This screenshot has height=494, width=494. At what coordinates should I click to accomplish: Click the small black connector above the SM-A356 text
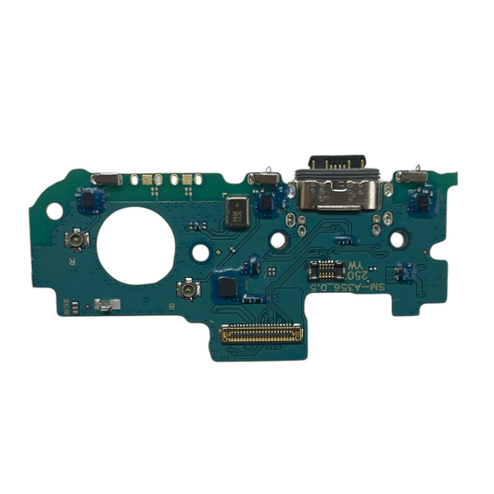pyautogui.click(x=324, y=270)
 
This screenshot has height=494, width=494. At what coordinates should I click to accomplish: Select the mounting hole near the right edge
pyautogui.click(x=399, y=238)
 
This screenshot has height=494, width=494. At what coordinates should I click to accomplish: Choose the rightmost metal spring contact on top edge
pyautogui.click(x=409, y=175)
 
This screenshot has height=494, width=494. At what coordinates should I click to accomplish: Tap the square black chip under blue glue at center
pyautogui.click(x=226, y=286)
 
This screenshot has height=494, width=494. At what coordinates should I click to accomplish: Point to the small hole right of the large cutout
pyautogui.click(x=196, y=226)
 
